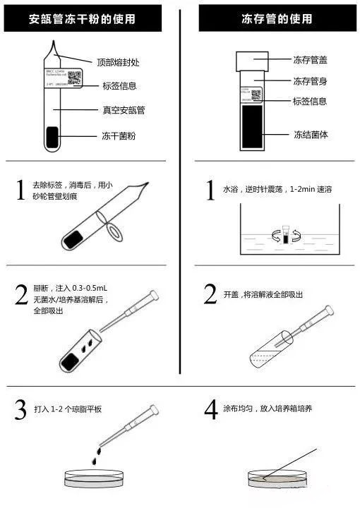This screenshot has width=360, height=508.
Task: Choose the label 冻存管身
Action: click(310, 80)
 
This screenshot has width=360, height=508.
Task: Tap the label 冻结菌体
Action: click(310, 134)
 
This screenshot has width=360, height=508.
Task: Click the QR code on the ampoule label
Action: click(75, 77)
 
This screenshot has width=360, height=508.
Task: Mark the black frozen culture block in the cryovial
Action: click(254, 127)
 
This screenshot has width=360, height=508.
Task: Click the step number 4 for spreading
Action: click(210, 411)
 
